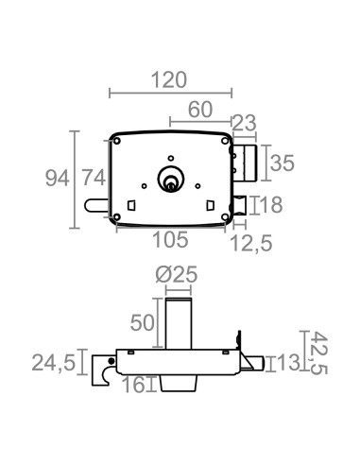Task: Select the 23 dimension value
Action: (x=245, y=122)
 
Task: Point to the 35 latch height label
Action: (x=283, y=163)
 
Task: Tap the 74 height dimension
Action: (x=91, y=177)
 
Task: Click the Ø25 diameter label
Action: (x=176, y=274)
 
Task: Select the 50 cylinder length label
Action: (x=143, y=321)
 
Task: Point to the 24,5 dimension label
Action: (x=54, y=362)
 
